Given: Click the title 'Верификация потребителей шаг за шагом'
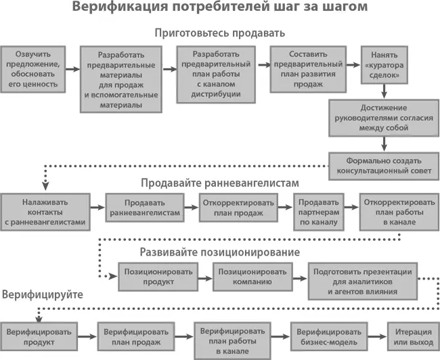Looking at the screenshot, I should click(x=219, y=9).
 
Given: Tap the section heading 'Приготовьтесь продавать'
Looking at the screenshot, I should click(x=219, y=32).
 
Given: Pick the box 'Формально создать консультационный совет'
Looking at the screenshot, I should click(x=383, y=166).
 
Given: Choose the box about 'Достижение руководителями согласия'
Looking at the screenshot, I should click(x=383, y=118).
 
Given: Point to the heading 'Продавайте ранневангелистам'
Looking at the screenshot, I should click(x=219, y=183).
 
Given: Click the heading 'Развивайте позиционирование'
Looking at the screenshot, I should click(x=219, y=252).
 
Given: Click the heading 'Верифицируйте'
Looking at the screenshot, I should click(x=42, y=295).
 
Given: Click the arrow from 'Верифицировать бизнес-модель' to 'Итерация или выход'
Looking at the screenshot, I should click(x=375, y=336).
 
